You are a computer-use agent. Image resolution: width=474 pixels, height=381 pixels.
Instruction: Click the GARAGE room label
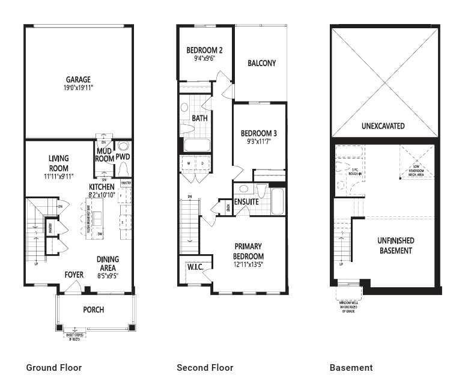coord(78,79)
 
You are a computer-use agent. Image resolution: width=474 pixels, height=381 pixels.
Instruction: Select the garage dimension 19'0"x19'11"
coord(78,88)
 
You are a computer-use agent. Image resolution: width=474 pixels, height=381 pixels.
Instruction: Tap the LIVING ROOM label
coord(58,163)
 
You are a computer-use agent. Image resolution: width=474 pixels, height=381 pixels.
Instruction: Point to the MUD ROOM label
coord(105,156)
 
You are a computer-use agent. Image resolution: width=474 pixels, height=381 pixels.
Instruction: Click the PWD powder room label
coord(123,157)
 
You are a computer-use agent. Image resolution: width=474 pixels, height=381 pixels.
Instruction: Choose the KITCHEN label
coord(102,187)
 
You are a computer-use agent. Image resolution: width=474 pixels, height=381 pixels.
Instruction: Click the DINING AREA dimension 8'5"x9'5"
coord(108,276)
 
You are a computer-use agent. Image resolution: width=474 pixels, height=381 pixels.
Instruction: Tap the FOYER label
coord(74,275)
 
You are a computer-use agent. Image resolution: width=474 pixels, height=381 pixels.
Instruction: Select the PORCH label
coord(93,310)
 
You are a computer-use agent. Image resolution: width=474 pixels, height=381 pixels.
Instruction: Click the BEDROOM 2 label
coord(204,50)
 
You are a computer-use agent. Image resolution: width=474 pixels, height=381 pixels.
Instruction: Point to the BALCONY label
coord(261,63)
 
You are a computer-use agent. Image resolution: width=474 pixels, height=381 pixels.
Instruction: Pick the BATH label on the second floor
coord(199,118)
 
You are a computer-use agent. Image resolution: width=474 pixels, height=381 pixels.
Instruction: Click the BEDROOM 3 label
coord(259,133)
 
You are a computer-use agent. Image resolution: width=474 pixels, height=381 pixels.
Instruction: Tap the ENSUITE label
coord(246,202)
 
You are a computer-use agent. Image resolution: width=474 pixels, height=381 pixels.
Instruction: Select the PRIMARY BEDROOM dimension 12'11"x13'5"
coord(248,264)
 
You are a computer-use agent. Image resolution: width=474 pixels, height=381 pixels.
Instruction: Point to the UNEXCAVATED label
coord(383,126)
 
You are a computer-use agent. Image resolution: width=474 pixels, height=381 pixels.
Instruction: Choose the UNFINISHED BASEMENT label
coord(395,245)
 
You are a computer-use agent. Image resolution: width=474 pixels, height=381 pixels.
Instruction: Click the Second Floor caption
coord(205,368)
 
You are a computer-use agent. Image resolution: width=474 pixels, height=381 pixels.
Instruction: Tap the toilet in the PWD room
coord(124,146)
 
